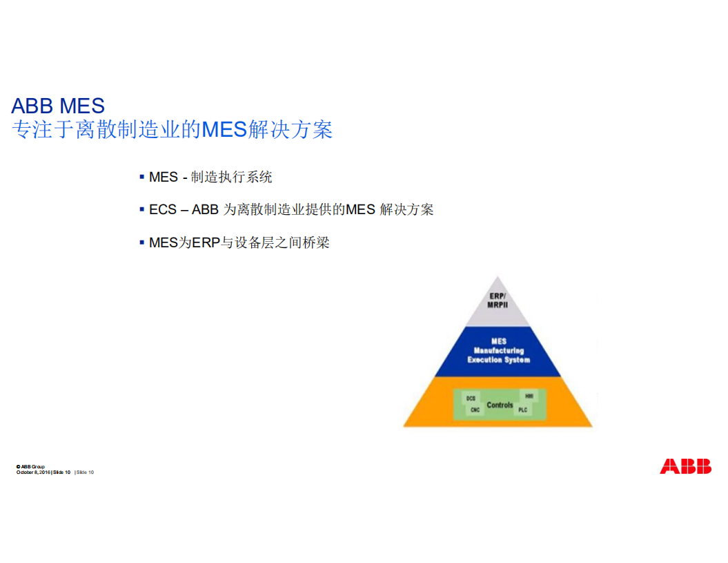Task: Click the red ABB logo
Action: pyautogui.click(x=685, y=466)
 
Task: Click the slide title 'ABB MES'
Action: pyautogui.click(x=58, y=106)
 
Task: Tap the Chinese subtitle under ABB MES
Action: pyautogui.click(x=173, y=129)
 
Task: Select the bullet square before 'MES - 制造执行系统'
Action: pyautogui.click(x=141, y=177)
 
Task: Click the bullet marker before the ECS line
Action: pyautogui.click(x=141, y=209)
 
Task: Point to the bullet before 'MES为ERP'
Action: pyautogui.click(x=141, y=242)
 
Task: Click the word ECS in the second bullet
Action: pyautogui.click(x=163, y=209)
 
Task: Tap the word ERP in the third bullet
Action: pyautogui.click(x=206, y=242)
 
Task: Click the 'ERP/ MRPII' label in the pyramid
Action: pyautogui.click(x=498, y=301)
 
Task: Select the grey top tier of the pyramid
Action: pyautogui.click(x=498, y=314)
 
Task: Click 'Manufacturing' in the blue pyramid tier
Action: pyautogui.click(x=498, y=351)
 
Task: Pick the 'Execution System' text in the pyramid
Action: pyautogui.click(x=498, y=360)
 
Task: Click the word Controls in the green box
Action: pyautogui.click(x=500, y=405)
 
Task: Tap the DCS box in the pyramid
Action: pyautogui.click(x=471, y=399)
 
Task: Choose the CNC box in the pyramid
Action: pyautogui.click(x=475, y=410)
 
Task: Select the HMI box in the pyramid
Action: pyautogui.click(x=529, y=397)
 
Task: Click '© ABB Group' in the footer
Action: pyautogui.click(x=30, y=467)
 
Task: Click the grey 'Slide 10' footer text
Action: pyautogui.click(x=85, y=473)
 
